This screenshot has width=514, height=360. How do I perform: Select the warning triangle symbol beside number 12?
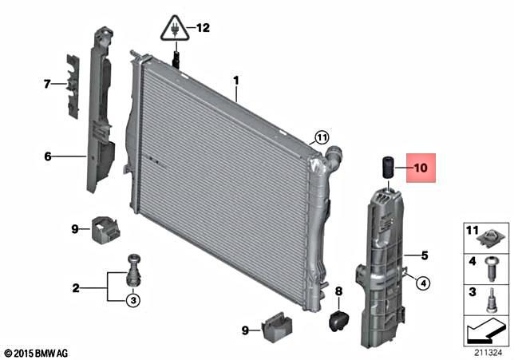[176, 29]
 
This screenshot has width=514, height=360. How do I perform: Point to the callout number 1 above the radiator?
[236, 81]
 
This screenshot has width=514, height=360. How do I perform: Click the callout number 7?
[47, 82]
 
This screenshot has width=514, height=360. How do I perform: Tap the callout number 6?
[47, 156]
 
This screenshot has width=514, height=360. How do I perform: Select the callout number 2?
[76, 287]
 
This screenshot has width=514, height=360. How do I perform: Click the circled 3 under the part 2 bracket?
[133, 300]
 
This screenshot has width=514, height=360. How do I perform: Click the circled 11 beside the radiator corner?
[321, 137]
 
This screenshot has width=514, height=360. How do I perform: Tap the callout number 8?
[338, 291]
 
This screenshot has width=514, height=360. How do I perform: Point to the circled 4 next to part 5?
[422, 282]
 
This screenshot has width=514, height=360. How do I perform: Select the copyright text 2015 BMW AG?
[38, 352]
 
